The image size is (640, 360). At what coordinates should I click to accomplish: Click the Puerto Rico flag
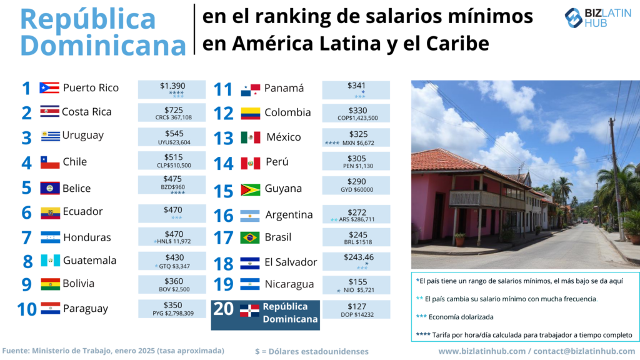pos(49,87)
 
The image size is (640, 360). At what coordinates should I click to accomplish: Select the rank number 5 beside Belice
pos(26,188)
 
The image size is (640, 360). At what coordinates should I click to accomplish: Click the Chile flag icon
pos(50,162)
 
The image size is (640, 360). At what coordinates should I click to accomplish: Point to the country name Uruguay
pos(83,135)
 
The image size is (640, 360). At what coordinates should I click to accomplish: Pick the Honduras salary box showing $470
pos(171,237)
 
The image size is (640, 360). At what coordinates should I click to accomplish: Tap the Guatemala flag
pos(50,261)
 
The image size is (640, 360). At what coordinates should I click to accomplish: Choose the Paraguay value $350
pos(171,305)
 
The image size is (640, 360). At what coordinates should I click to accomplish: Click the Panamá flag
pos(250,90)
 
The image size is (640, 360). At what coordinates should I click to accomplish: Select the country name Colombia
pos(287,112)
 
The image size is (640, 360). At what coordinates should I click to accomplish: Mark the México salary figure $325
pos(357,134)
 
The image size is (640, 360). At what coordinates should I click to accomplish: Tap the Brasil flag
pos(250,237)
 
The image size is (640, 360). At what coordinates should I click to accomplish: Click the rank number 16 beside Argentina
pos(223,216)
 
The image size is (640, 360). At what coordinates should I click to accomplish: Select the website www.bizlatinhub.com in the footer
pos(481,351)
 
